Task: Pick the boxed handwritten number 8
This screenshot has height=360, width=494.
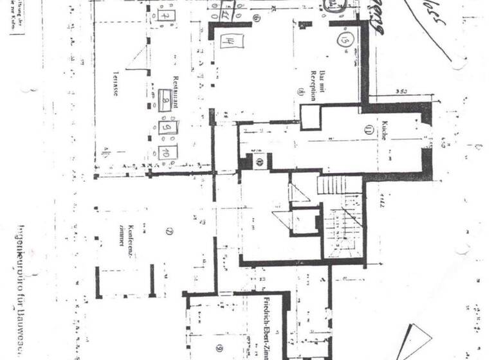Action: pos(165,102)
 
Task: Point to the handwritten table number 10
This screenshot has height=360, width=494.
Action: pos(165,153)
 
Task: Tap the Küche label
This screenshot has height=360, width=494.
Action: pos(383,130)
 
